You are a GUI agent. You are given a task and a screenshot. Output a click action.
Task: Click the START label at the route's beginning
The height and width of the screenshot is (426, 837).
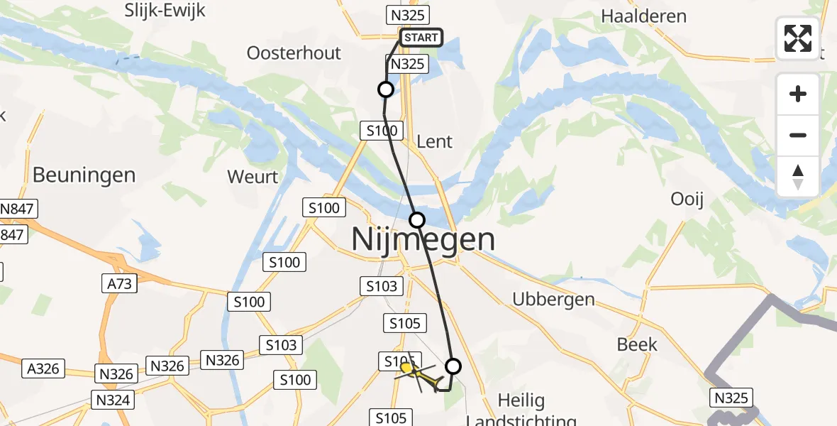(421, 38)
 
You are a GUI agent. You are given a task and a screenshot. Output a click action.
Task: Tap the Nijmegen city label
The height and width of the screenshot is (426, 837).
(423, 239)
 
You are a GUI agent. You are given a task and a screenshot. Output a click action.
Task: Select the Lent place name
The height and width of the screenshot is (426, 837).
(434, 141)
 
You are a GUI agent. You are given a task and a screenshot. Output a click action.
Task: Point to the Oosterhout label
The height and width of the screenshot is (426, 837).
(294, 53)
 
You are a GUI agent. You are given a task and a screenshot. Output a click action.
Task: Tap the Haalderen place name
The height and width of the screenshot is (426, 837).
(643, 16)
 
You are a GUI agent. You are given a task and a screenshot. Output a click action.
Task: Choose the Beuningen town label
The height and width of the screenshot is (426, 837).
(84, 175)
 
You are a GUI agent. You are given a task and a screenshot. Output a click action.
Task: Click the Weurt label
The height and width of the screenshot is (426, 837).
(253, 176)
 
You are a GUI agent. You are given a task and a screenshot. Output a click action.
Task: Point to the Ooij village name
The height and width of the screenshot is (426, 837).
(687, 200)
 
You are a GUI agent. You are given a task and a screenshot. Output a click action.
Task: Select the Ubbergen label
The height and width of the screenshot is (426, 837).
(553, 299)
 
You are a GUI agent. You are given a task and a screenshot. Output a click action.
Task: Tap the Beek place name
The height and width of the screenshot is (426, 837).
(637, 345)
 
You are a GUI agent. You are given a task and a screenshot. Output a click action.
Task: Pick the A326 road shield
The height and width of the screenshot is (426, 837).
(44, 369)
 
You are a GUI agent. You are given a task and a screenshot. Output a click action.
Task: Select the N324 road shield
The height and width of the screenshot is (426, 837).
(112, 400)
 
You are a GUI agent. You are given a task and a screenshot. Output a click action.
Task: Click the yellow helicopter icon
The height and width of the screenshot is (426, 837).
(420, 374)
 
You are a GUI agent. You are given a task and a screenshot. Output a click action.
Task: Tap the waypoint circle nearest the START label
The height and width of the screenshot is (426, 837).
(385, 89)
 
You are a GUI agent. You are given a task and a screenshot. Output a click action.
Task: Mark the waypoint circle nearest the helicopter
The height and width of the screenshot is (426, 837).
(453, 366)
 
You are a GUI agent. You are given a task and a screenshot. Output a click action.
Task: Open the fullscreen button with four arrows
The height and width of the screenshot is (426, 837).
(797, 38)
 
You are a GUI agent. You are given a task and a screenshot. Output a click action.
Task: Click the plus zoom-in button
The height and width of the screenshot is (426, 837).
(798, 94)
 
